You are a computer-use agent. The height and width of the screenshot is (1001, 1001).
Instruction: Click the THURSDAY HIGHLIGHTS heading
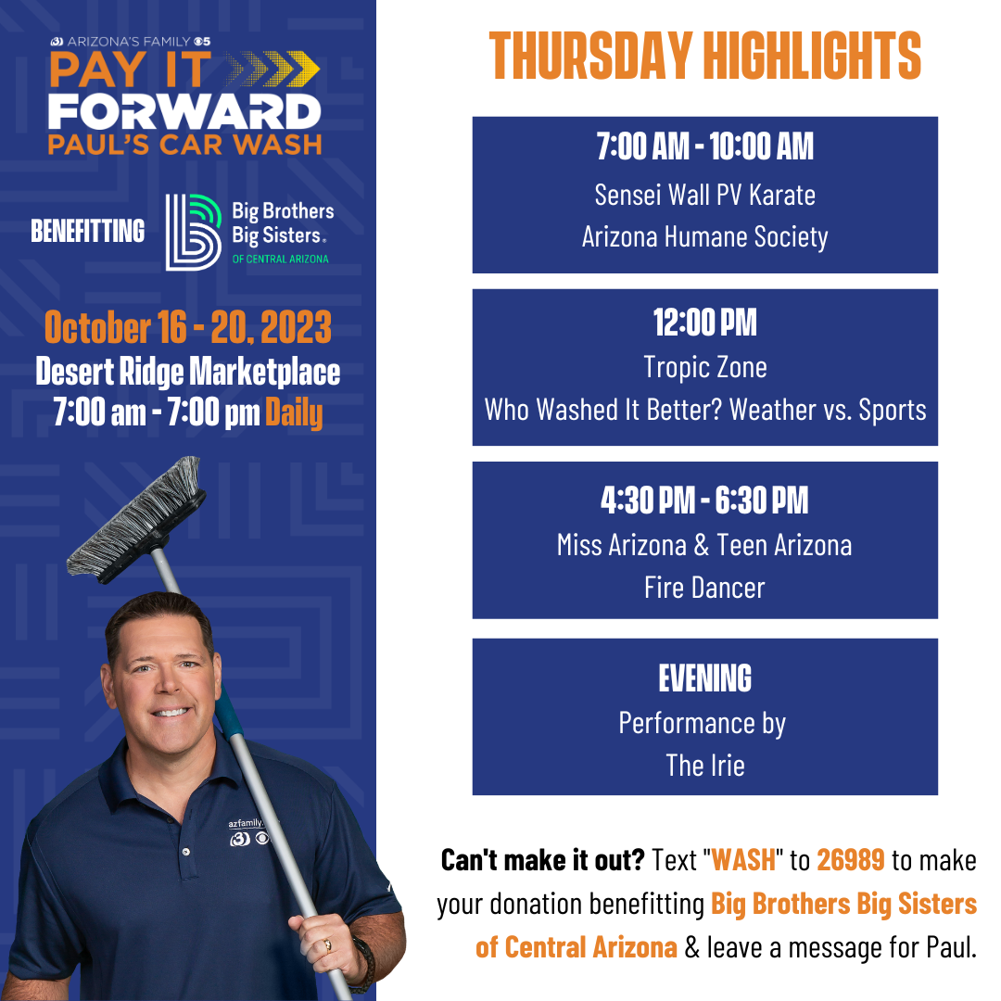(704, 56)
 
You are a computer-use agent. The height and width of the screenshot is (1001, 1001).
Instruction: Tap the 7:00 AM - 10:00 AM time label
(704, 146)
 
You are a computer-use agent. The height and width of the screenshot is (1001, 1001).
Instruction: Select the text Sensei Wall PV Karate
(704, 195)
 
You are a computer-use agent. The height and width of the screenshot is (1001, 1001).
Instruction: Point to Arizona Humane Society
(704, 237)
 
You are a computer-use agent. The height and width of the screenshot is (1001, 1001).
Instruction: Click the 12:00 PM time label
(704, 323)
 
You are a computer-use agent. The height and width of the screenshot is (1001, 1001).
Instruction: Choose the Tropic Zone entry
(704, 367)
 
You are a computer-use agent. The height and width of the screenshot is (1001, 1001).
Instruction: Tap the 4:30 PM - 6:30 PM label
(704, 500)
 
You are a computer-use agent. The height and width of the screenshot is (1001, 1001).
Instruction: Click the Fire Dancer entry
(704, 588)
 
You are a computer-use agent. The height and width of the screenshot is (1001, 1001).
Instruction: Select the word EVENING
(704, 678)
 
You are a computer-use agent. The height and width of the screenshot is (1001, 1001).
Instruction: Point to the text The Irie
(704, 766)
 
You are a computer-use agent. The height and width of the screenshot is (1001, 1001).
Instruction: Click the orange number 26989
(850, 860)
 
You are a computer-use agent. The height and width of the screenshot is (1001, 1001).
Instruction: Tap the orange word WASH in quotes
(743, 860)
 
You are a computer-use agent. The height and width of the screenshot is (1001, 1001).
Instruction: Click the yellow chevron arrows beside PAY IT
(272, 69)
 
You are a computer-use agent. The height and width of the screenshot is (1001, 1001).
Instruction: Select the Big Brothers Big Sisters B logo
(193, 233)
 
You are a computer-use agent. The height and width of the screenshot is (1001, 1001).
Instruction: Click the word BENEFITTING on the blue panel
(87, 231)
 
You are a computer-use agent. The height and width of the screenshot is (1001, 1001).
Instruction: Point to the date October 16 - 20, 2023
(187, 327)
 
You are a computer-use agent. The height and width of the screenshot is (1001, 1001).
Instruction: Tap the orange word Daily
(294, 412)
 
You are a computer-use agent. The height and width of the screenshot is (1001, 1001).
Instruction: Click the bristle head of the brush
(136, 518)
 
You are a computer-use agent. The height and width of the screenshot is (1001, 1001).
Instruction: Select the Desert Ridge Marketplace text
(187, 372)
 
